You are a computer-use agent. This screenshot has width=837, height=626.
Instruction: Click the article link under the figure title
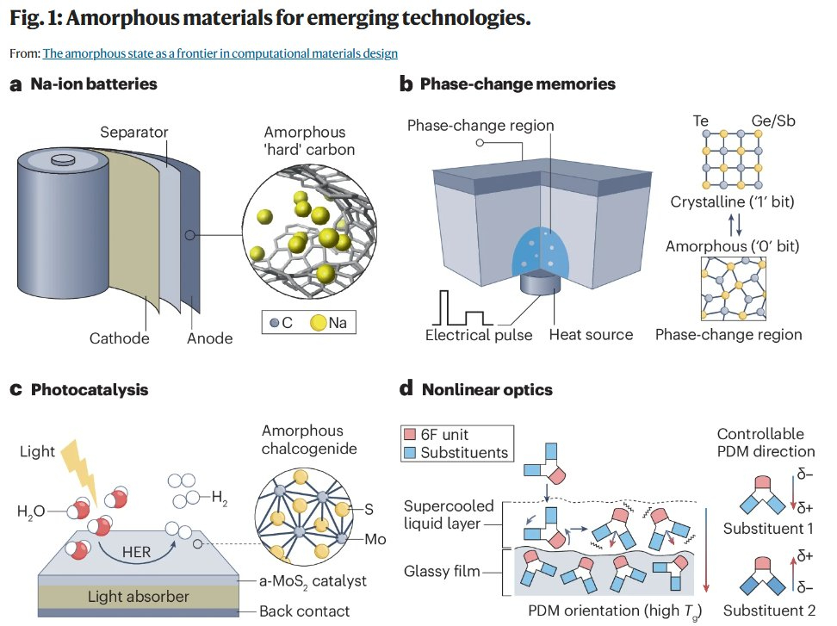tap(220, 53)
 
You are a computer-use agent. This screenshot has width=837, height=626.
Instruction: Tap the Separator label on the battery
tap(133, 132)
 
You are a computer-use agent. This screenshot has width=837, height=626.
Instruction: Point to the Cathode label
tap(119, 338)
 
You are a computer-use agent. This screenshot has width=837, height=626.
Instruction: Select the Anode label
tap(209, 338)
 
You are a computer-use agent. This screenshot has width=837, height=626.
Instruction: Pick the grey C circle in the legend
tap(274, 323)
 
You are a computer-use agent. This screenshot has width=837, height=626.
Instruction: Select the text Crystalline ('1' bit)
tap(732, 203)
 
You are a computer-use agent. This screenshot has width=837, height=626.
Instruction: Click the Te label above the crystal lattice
tap(701, 121)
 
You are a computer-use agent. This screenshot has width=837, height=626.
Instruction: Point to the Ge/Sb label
tap(772, 121)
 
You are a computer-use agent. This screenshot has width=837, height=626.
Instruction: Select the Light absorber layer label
tap(139, 597)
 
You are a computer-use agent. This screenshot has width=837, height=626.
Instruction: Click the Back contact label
tap(305, 611)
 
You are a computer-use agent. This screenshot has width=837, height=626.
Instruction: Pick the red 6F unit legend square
tap(409, 436)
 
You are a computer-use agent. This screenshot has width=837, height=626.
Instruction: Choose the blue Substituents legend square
tap(409, 453)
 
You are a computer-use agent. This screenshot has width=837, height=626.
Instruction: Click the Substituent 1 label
tap(767, 528)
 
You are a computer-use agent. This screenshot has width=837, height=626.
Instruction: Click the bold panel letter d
tap(407, 389)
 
